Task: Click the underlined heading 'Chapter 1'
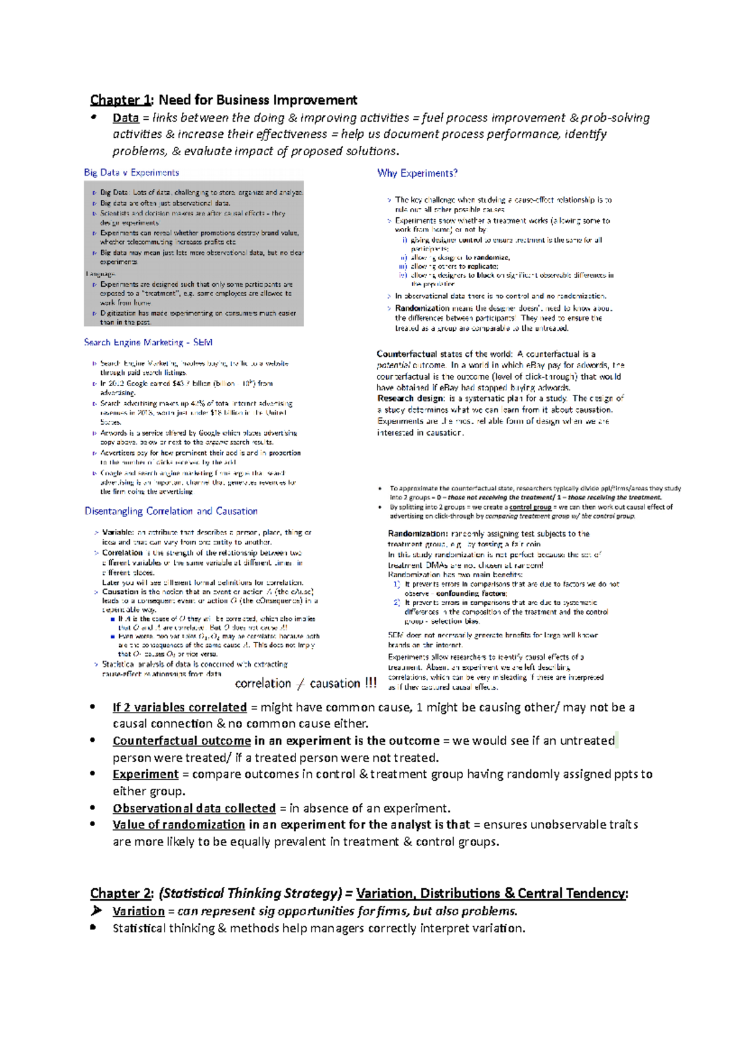pos(120,100)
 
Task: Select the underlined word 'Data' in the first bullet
pos(125,118)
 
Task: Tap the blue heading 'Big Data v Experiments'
pos(132,173)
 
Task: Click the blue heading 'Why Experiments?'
pos(417,173)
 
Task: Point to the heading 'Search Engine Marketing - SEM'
pos(148,342)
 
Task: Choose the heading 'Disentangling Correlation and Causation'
pos(171,511)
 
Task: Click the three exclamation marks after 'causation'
pos(371,683)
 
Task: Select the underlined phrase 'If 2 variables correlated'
pos(179,707)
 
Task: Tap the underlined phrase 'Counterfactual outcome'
pos(181,741)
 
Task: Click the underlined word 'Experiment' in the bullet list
pos(145,774)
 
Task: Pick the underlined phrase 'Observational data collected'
pos(194,808)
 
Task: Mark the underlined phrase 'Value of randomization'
pos(179,824)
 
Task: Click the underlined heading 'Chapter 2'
pos(121,893)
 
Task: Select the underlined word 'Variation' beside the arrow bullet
pos(138,911)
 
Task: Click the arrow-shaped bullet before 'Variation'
pos(96,911)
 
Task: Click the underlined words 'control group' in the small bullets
pos(530,507)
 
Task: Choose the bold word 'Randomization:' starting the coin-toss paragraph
pos(417,534)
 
